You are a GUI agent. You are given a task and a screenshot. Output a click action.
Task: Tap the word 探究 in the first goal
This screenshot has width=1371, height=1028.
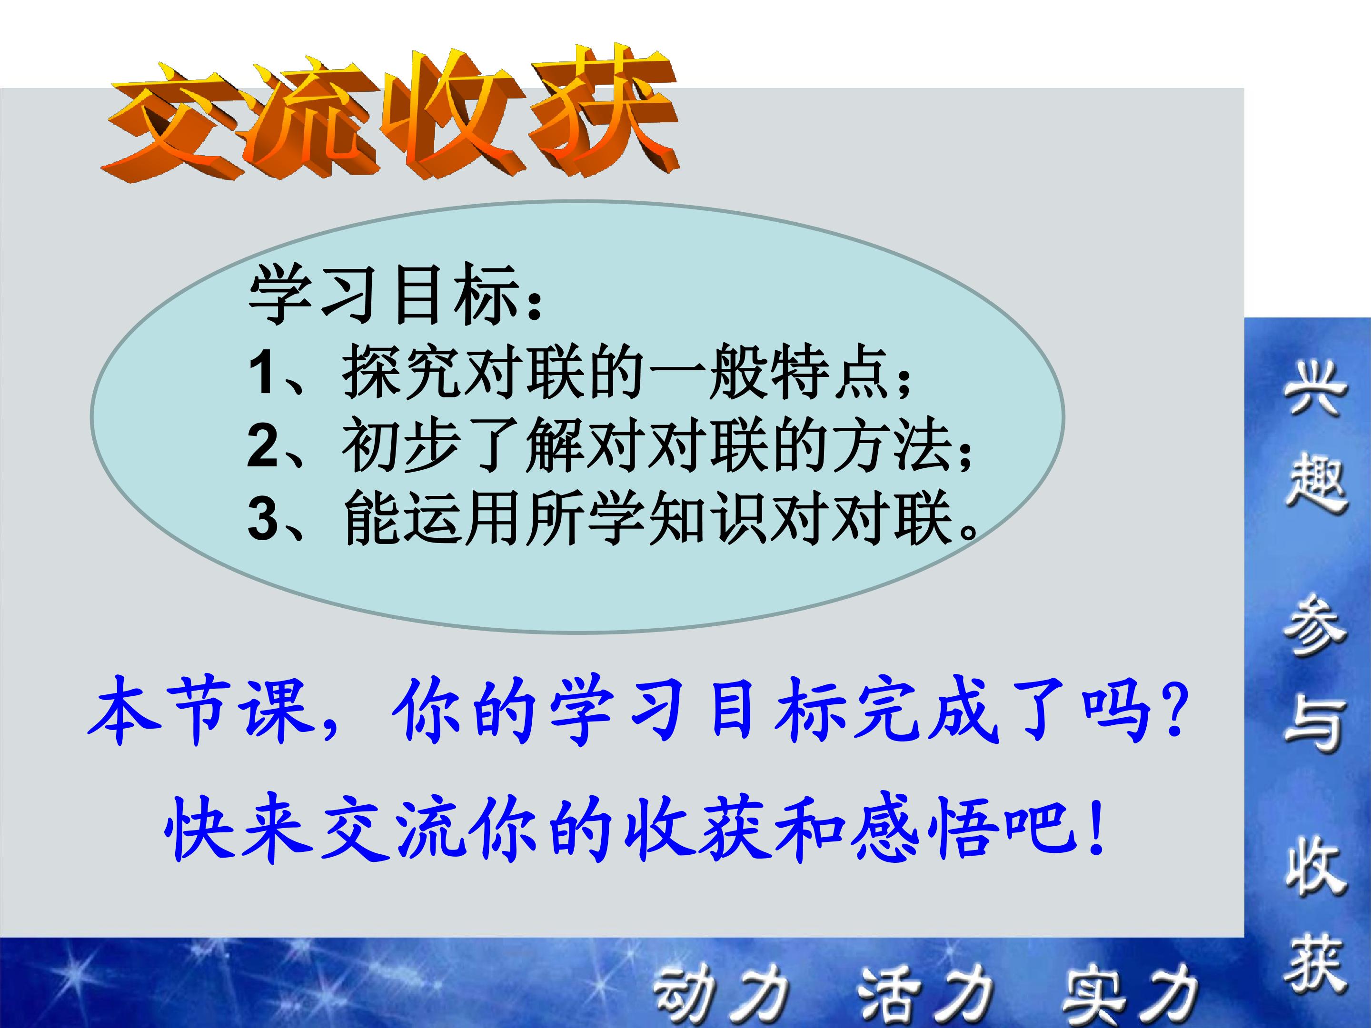pyautogui.click(x=403, y=374)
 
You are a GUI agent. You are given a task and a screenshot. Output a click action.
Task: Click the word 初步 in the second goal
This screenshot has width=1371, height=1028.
pyautogui.click(x=403, y=446)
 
